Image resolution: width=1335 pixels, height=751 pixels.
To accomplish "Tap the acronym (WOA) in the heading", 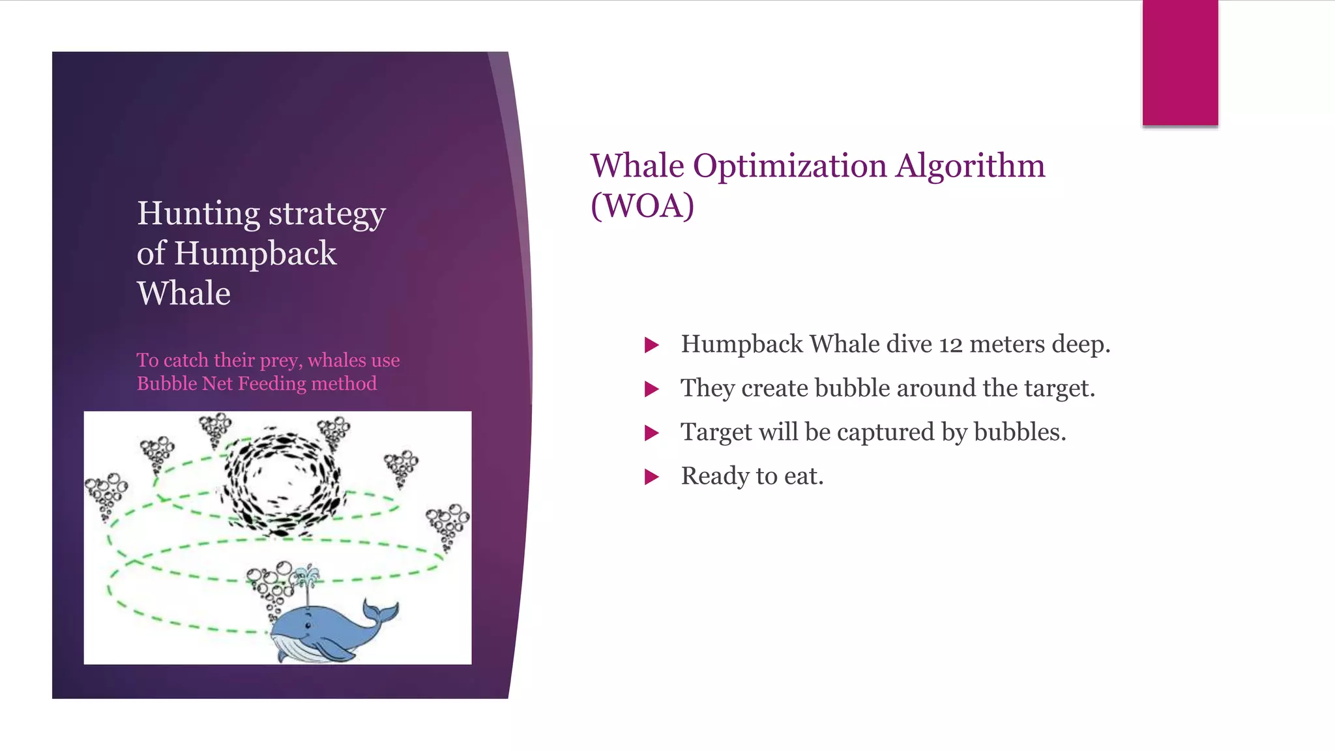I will [642, 205].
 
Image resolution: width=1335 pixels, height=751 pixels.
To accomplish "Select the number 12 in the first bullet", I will [950, 344].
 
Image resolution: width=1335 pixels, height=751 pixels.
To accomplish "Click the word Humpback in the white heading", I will [255, 253].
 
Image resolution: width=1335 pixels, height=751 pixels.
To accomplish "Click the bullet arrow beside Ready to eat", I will [651, 477].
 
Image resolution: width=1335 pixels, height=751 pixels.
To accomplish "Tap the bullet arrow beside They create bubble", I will [651, 389].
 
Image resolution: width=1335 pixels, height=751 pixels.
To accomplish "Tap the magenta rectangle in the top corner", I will [1180, 63].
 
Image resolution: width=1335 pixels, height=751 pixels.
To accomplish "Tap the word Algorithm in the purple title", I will [970, 166].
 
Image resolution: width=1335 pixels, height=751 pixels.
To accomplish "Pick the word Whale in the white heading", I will [184, 293].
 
